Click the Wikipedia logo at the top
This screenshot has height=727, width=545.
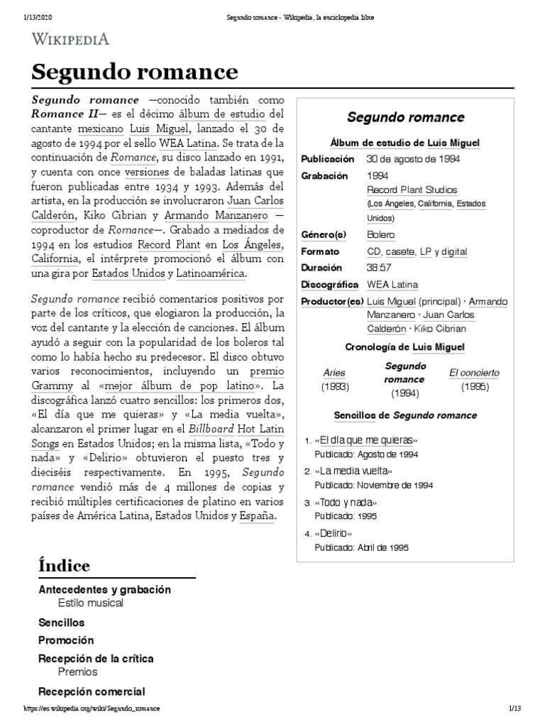68,38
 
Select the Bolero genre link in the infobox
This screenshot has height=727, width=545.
381,234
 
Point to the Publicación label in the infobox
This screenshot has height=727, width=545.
327,158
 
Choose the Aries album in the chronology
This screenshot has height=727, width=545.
334,373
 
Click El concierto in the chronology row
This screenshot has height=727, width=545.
474,373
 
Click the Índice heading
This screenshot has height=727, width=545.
64,565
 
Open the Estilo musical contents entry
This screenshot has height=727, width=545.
91,603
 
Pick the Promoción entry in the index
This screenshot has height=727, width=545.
66,640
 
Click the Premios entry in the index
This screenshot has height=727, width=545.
78,672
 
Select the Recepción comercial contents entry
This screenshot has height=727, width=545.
92,691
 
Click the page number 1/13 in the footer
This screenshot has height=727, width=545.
514,709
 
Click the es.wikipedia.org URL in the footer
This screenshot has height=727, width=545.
92,709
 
